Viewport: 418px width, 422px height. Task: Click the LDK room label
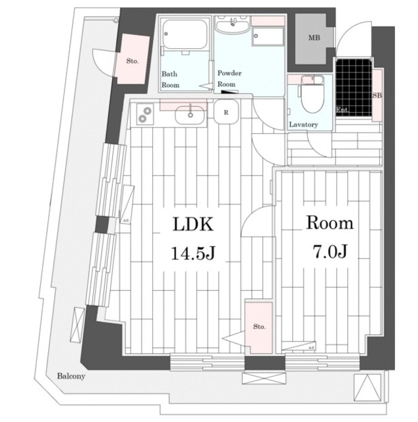(x=193, y=224)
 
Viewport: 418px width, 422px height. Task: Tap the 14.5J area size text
(x=193, y=253)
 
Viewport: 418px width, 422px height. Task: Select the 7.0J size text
(x=330, y=251)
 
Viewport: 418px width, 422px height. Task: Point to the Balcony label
(x=71, y=376)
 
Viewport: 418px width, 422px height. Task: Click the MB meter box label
(x=314, y=38)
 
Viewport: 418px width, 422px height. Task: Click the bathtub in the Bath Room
(x=185, y=34)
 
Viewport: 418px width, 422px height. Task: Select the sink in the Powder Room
(x=232, y=24)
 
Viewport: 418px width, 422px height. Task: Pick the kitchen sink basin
(x=190, y=115)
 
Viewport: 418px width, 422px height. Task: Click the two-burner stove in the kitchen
(x=145, y=114)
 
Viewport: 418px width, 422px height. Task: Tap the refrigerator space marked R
(x=226, y=112)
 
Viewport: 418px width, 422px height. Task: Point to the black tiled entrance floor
(x=353, y=88)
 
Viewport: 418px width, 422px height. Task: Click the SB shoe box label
(x=377, y=95)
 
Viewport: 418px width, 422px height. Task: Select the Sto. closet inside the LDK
(x=258, y=327)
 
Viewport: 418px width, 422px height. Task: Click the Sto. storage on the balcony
(x=132, y=60)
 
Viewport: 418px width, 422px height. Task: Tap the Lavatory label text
(x=303, y=125)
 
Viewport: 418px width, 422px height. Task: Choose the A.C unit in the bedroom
(x=299, y=346)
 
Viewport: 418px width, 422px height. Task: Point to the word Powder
(x=229, y=73)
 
